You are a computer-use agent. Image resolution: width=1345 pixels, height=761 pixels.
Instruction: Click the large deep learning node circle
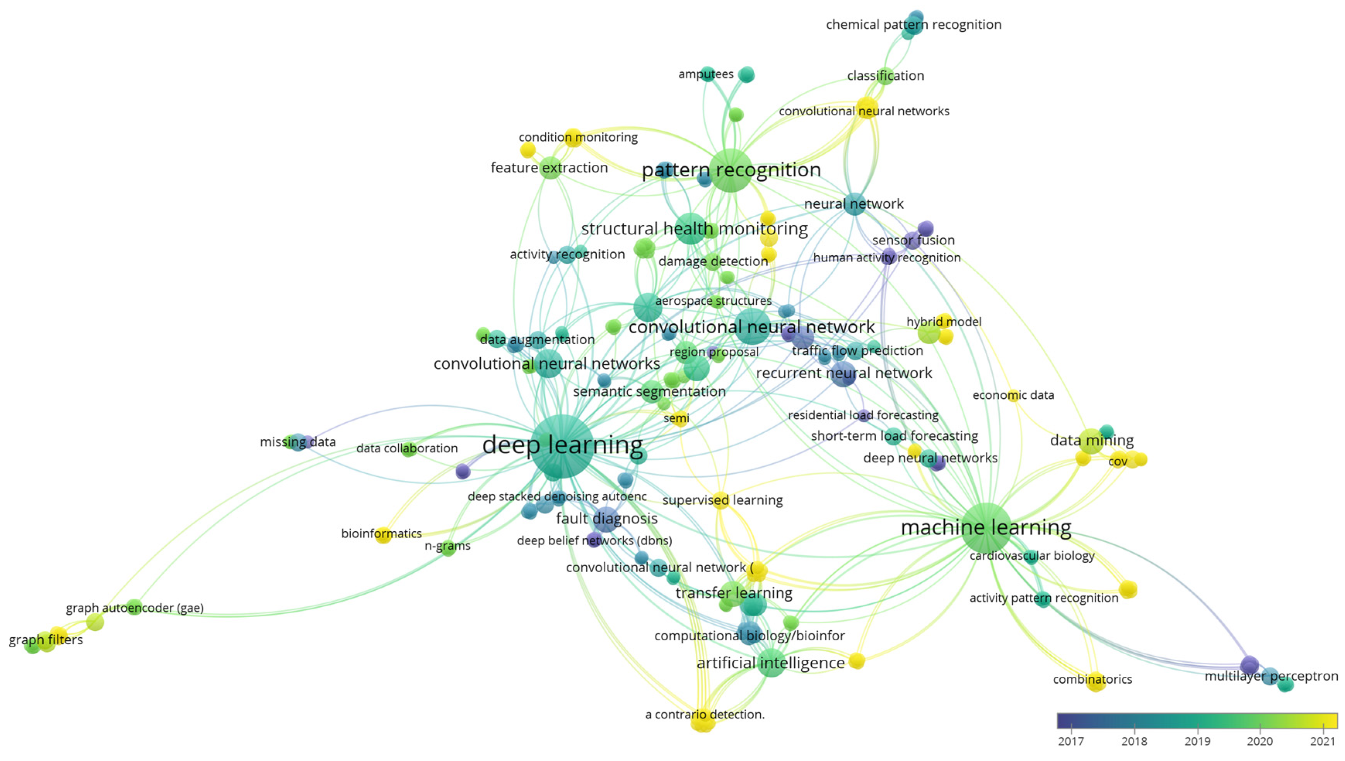[562, 446]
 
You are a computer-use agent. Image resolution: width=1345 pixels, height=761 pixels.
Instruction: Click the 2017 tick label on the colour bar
[1071, 741]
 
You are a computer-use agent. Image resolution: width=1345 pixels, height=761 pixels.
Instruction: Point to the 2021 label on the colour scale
[1323, 741]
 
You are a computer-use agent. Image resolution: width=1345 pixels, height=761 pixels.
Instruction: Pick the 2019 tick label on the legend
[1197, 741]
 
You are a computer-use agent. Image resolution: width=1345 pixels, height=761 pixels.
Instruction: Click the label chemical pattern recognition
[913, 25]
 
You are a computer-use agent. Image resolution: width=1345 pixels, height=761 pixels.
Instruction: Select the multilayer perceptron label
[1271, 676]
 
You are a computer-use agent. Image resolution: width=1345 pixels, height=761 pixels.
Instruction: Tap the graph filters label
[46, 640]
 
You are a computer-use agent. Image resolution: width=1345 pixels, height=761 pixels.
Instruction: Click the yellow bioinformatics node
[383, 535]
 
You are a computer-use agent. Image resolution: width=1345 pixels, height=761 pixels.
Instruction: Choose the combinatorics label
[1092, 679]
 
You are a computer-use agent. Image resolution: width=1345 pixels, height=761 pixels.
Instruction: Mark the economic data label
[1013, 395]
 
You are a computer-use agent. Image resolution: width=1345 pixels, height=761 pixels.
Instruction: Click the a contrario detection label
[705, 715]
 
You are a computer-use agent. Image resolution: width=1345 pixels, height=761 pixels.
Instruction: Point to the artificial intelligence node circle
[771, 663]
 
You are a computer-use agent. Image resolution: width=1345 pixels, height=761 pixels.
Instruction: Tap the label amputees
[705, 74]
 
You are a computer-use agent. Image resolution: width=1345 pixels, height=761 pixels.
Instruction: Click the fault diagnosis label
[607, 519]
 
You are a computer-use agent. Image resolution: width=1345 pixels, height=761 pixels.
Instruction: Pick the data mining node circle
[1092, 440]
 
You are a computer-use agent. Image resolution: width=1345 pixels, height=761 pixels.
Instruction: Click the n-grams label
[447, 546]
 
